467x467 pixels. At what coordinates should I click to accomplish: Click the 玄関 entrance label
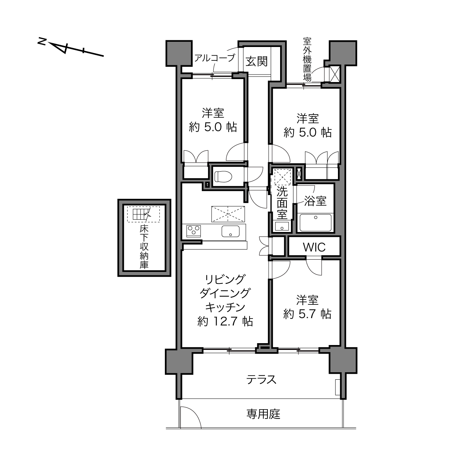(256, 62)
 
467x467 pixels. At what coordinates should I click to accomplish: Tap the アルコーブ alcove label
(215, 58)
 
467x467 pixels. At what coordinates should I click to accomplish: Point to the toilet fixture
(223, 176)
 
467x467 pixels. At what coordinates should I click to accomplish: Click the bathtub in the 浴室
(316, 222)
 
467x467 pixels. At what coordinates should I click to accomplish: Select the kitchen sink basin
(230, 231)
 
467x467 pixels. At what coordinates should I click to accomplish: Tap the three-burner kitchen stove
(193, 231)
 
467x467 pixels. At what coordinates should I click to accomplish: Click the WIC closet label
(314, 247)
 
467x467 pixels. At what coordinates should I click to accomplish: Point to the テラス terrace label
(261, 379)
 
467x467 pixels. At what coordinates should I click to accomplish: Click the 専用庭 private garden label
(263, 414)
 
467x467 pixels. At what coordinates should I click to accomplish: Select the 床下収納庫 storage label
(144, 247)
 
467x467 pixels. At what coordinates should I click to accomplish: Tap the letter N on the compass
(42, 41)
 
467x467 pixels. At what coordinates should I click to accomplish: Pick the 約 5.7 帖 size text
(307, 314)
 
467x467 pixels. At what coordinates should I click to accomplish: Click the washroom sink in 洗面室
(282, 226)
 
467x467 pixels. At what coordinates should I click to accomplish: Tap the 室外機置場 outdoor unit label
(307, 59)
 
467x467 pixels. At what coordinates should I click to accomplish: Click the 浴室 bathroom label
(315, 201)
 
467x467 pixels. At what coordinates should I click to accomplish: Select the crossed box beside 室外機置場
(335, 74)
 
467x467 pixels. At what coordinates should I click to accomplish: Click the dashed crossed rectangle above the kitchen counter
(228, 214)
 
